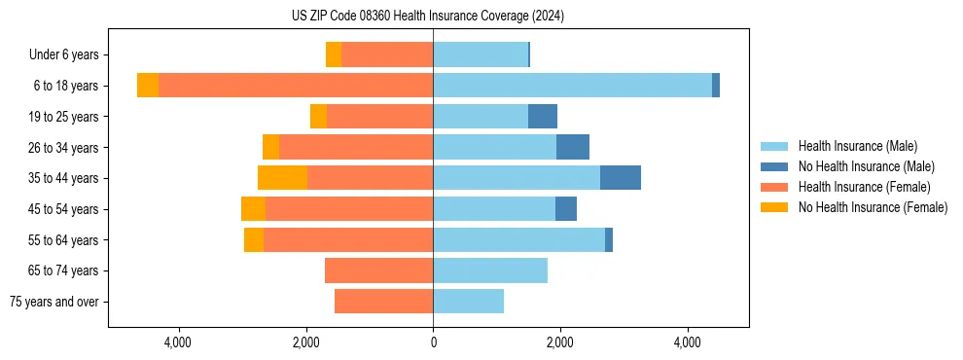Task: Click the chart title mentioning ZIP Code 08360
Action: coord(428,16)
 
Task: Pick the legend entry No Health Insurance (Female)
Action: coord(873,207)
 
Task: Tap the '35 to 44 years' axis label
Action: coord(61,178)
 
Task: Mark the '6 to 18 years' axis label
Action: coord(65,86)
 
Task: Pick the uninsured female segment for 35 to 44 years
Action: coord(282,178)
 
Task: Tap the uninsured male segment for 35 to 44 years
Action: coord(621,178)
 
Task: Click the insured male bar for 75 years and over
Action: coord(468,302)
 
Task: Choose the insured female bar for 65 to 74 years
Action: coord(378,270)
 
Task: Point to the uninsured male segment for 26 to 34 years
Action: coord(573,147)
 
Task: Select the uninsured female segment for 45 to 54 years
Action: coord(253,209)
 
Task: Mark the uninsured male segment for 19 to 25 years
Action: coord(543,117)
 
